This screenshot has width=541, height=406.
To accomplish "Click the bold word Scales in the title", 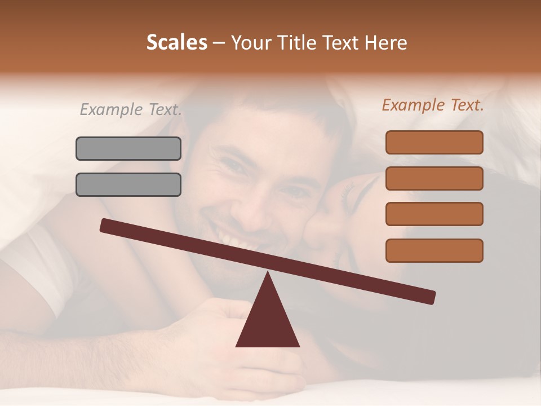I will click(x=176, y=42).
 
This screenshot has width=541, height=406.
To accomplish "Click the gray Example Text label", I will click(x=131, y=109).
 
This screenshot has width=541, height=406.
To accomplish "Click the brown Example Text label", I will click(x=433, y=105).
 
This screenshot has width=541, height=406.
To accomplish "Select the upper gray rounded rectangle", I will click(x=128, y=148).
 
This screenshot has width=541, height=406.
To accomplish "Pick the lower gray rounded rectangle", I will click(x=128, y=184).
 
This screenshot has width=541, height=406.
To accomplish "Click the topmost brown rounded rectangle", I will click(x=434, y=142).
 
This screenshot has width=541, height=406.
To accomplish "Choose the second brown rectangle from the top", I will click(x=434, y=178).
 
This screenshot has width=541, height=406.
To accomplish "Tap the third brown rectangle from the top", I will click(x=434, y=214).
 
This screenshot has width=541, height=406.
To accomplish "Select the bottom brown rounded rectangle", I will click(x=434, y=250).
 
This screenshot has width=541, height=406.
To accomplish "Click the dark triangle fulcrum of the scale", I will click(x=268, y=321).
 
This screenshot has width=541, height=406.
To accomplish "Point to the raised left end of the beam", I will click(x=107, y=226).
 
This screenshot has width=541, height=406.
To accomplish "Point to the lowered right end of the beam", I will click(x=428, y=297).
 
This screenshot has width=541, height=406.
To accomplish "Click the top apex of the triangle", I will click(x=268, y=273).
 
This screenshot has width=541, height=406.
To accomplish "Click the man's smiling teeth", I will click(x=234, y=240).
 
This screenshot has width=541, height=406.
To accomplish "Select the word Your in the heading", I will click(x=249, y=42).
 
